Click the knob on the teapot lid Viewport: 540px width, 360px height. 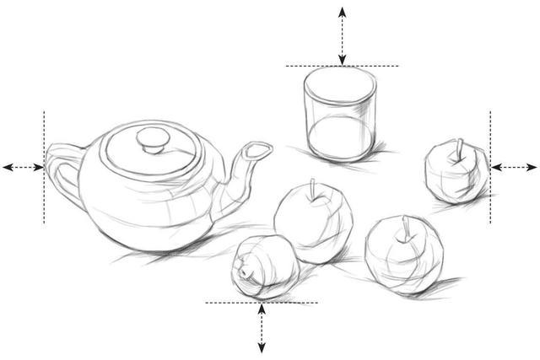click(153, 139)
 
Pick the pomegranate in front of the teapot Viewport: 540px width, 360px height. click(262, 266)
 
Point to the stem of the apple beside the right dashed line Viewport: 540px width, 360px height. click(459, 151)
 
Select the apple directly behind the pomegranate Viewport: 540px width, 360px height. click(312, 221)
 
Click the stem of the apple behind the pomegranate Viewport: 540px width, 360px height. click(313, 188)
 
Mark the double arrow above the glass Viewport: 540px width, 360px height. click(342, 34)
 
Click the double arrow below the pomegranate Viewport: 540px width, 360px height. click(262, 329)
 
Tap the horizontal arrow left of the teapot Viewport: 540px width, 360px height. click(24, 167)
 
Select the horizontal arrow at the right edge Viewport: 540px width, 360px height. click(514, 167)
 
